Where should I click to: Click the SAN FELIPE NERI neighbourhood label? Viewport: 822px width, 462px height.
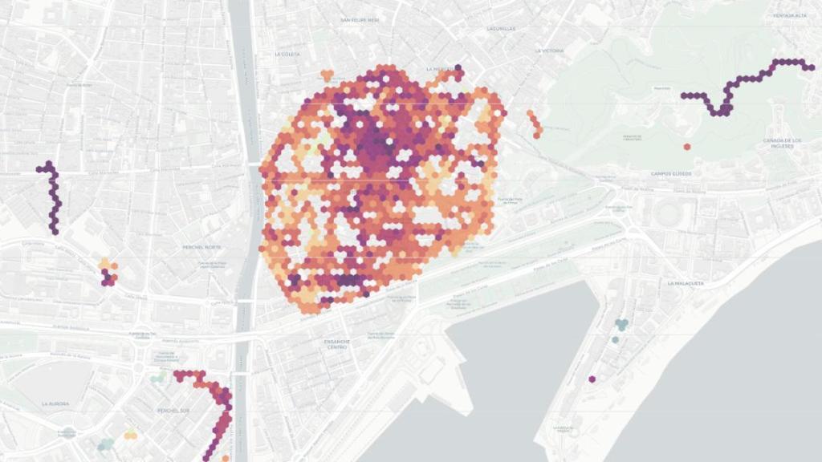pos(359,20)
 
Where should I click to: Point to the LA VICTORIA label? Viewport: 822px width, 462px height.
pos(550,51)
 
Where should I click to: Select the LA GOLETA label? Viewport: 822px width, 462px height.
pos(287,55)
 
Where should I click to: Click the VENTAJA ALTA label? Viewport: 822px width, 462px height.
pos(789,16)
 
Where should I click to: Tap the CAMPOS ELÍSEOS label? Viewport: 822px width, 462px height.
pos(673,174)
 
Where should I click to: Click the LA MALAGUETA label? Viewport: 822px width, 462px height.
pos(685,283)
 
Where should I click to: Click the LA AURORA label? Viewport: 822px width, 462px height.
pos(56,403)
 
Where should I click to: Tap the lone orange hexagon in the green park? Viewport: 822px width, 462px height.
pos(687,147)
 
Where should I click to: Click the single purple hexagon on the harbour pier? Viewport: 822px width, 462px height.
pos(592,379)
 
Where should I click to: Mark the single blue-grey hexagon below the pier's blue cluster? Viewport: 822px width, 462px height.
pos(615,340)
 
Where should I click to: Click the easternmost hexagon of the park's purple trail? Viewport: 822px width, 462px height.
pos(811,67)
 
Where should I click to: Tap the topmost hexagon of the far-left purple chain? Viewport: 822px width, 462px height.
pos(49,164)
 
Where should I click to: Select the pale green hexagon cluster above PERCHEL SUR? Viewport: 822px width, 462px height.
pos(159,376)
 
